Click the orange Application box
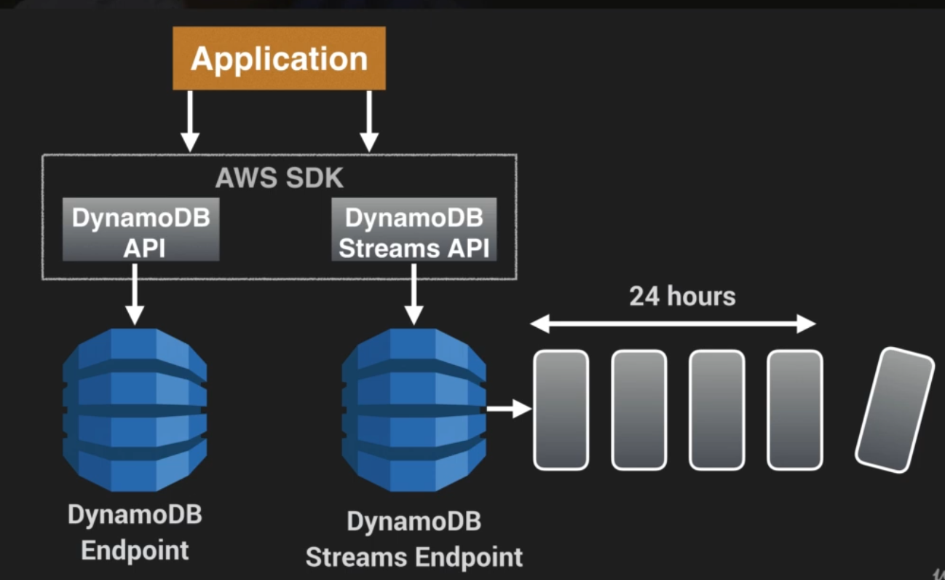279,58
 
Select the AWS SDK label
279,178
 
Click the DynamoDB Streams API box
414,229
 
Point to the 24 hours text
682,297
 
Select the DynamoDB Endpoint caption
135,532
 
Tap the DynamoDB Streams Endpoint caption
414,540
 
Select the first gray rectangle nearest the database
561,410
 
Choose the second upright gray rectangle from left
638,410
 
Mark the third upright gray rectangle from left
716,410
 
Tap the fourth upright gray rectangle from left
794,410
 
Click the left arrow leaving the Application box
189,120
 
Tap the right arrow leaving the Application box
369,120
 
